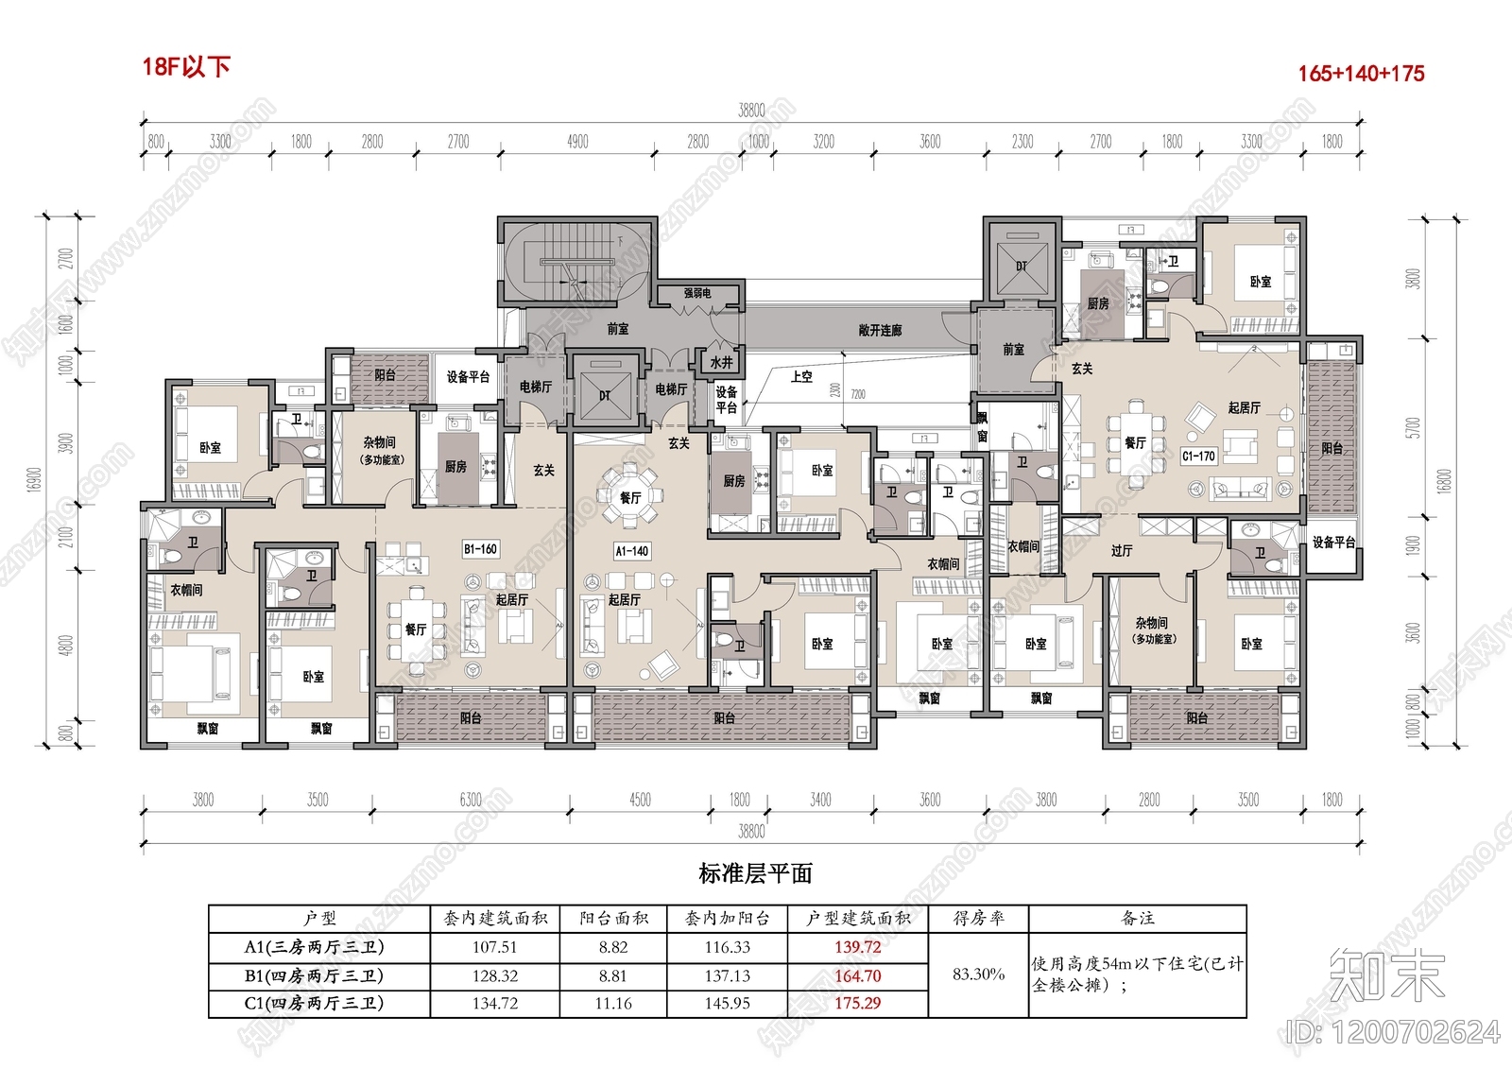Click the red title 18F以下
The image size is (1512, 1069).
186,67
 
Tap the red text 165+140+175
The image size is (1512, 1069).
1360,74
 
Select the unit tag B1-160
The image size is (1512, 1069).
480,549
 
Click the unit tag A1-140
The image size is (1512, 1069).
631,551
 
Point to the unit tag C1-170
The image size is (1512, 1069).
1198,456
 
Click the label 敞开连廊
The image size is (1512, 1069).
880,330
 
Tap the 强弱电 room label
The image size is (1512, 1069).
697,294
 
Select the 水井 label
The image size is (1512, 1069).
721,362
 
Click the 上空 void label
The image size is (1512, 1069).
801,376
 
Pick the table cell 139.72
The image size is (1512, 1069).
857,947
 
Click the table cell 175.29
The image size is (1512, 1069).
857,1003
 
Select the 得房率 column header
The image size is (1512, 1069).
978,918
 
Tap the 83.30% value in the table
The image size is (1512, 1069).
978,974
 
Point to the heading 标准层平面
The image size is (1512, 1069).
755,873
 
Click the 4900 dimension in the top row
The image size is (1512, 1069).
577,142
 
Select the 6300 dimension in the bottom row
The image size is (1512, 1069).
471,800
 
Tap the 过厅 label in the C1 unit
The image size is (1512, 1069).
1122,550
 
